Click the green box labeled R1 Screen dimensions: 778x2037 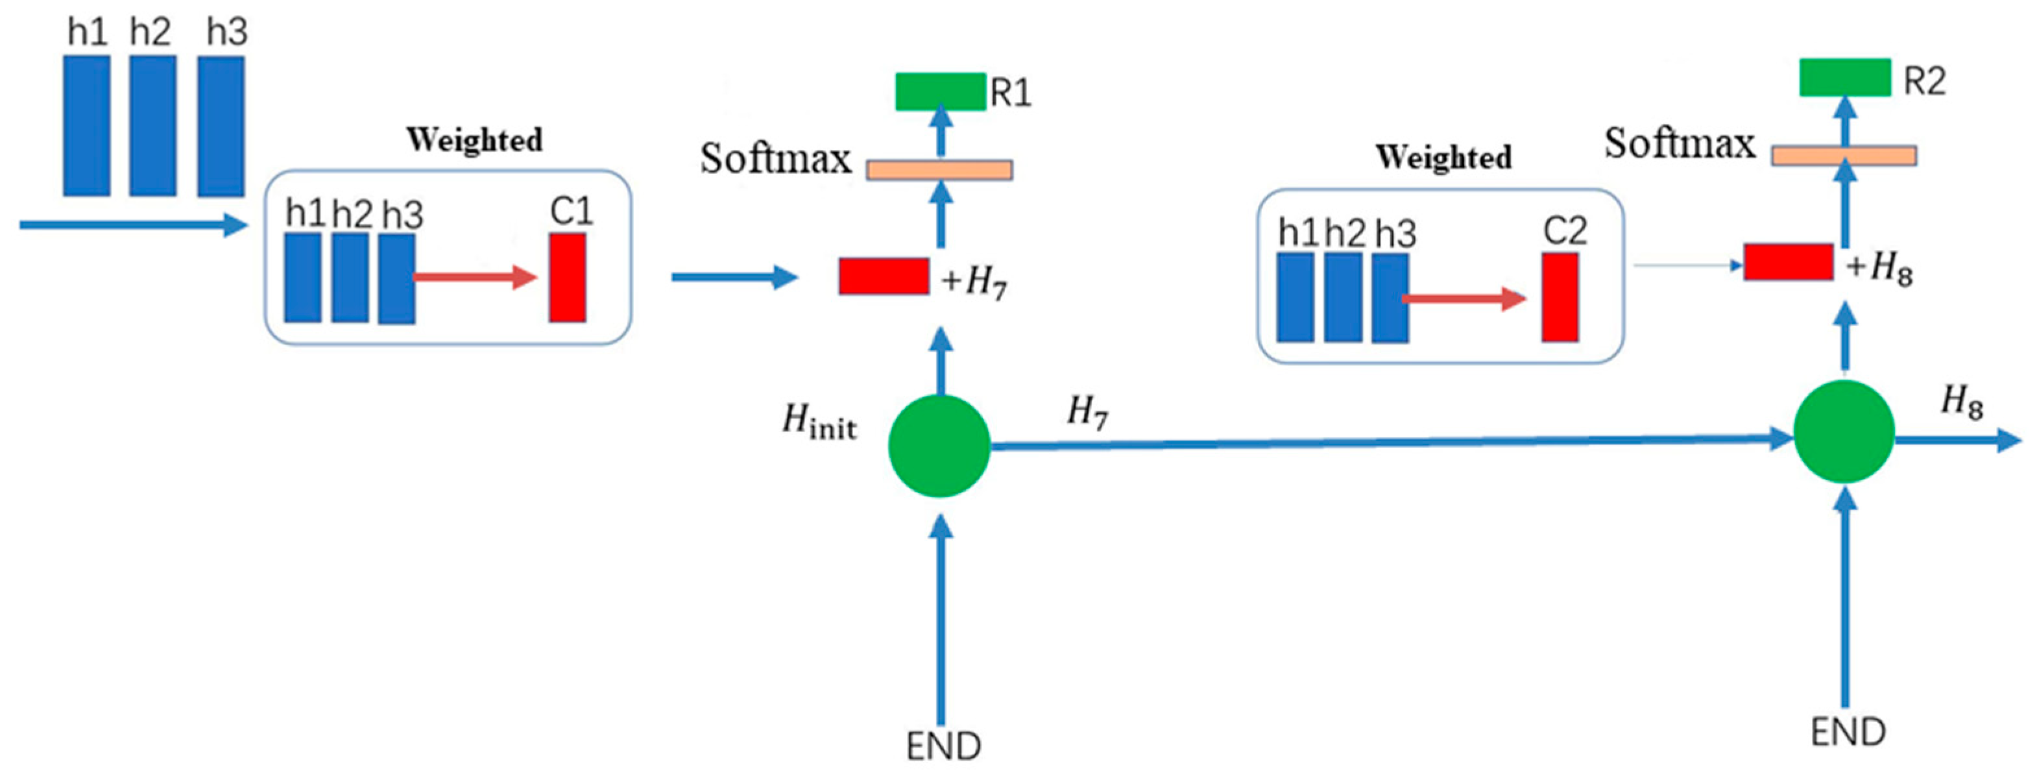point(940,91)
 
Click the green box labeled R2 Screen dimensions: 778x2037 point(1844,77)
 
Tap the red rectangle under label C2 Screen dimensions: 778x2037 point(1560,297)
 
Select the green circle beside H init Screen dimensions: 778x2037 point(939,446)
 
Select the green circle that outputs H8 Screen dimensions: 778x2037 point(1843,432)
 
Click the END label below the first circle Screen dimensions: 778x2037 point(943,746)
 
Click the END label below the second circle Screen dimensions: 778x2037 point(1848,732)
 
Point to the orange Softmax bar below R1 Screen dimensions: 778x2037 point(939,170)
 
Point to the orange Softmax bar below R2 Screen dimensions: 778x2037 point(1843,156)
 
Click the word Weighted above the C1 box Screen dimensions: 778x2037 point(474,140)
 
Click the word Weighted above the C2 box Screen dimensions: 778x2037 point(1443,156)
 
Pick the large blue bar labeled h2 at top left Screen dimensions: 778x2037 point(152,126)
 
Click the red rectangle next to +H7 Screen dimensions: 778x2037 point(884,276)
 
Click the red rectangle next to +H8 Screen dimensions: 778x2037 point(1788,261)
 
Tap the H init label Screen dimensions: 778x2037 point(819,420)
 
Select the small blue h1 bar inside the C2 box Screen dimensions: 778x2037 point(1296,297)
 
